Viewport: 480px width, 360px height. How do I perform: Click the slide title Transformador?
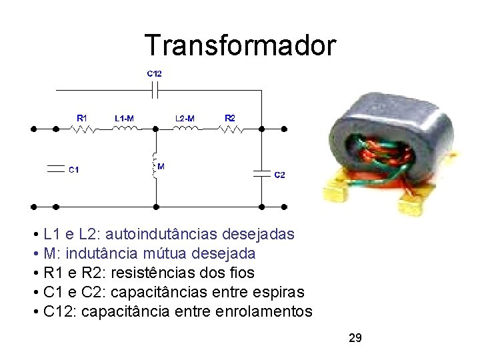coord(241,45)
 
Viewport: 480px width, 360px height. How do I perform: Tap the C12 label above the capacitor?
coord(155,73)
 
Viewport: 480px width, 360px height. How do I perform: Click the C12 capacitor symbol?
coord(155,88)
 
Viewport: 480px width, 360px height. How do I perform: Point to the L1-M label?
coord(124,118)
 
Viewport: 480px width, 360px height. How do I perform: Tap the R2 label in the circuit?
coord(229,118)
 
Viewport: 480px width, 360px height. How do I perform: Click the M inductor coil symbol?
coord(155,167)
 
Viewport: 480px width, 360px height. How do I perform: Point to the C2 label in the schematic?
coord(280,175)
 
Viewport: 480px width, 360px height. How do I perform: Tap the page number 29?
coord(355,339)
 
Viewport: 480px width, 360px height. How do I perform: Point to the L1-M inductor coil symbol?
coord(125,129)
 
